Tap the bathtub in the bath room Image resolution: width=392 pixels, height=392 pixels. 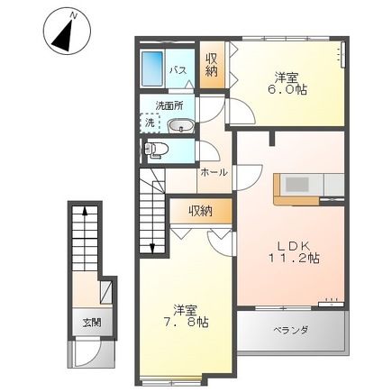[153, 68]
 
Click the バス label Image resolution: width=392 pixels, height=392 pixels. [178, 69]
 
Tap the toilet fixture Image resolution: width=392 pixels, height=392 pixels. [154, 149]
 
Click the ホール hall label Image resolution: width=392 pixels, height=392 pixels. [214, 171]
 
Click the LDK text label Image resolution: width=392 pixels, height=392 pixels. [290, 242]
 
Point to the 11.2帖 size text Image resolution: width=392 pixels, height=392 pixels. [293, 258]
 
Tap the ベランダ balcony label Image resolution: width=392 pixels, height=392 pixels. [290, 331]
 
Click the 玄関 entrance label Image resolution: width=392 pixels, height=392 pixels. [92, 322]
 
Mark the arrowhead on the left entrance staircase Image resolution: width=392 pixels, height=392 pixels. [85, 211]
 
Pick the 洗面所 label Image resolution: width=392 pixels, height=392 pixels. [169, 105]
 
